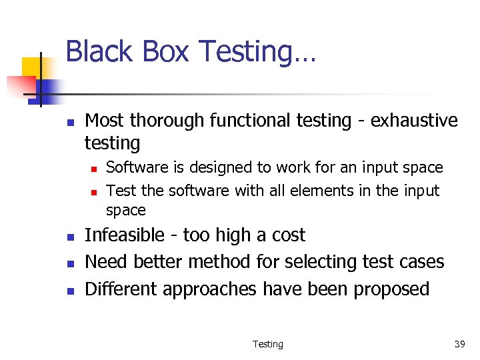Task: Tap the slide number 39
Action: click(x=459, y=344)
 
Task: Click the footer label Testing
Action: click(x=267, y=344)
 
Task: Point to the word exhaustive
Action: click(x=414, y=121)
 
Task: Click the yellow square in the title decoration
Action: click(x=32, y=67)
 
